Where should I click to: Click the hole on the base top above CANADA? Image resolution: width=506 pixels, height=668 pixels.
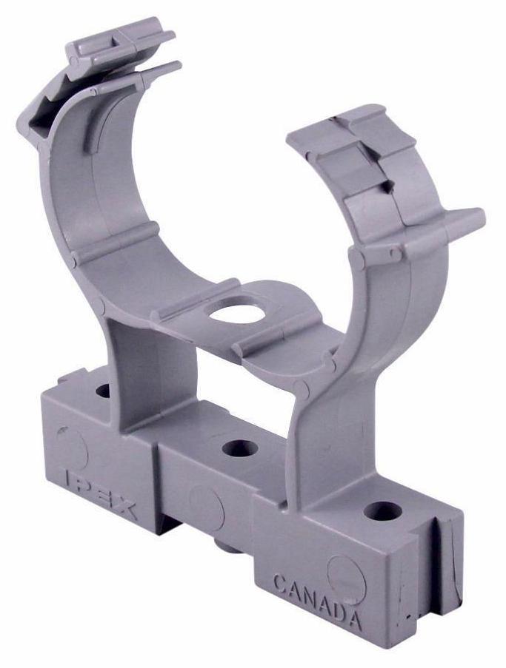click(x=383, y=510)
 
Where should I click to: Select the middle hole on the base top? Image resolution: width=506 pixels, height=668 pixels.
click(x=240, y=448)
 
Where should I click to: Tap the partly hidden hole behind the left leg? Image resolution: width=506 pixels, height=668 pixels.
click(x=103, y=391)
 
